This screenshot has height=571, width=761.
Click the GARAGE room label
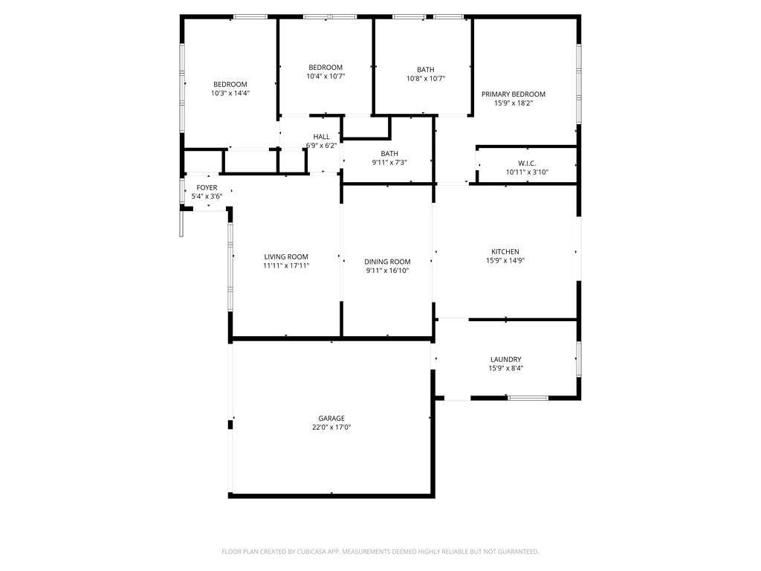[x=331, y=418]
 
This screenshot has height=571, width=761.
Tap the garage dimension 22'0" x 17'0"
[x=331, y=428]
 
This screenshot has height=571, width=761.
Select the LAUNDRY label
[x=505, y=359]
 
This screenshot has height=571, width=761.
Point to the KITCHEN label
[x=505, y=251]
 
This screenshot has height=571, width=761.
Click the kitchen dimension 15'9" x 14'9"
[x=505, y=260]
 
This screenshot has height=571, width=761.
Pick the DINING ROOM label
[x=387, y=262]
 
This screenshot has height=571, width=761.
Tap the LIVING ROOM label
[x=286, y=257]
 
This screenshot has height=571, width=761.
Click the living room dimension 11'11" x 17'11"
[x=286, y=265]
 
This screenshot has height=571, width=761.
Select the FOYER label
[x=207, y=187]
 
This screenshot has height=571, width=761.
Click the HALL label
[x=321, y=137]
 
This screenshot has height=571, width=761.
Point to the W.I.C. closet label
[x=527, y=163]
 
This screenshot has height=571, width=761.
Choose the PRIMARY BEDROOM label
[x=514, y=94]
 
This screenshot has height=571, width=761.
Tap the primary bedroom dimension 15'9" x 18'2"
[x=514, y=103]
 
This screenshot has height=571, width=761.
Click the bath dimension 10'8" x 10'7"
[x=426, y=78]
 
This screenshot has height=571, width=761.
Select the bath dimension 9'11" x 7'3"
[x=389, y=162]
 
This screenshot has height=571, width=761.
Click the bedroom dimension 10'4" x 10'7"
[x=326, y=77]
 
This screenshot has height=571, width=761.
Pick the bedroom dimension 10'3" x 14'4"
[x=230, y=93]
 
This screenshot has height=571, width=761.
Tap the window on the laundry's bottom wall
[x=528, y=399]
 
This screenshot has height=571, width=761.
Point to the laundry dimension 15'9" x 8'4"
[x=505, y=368]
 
